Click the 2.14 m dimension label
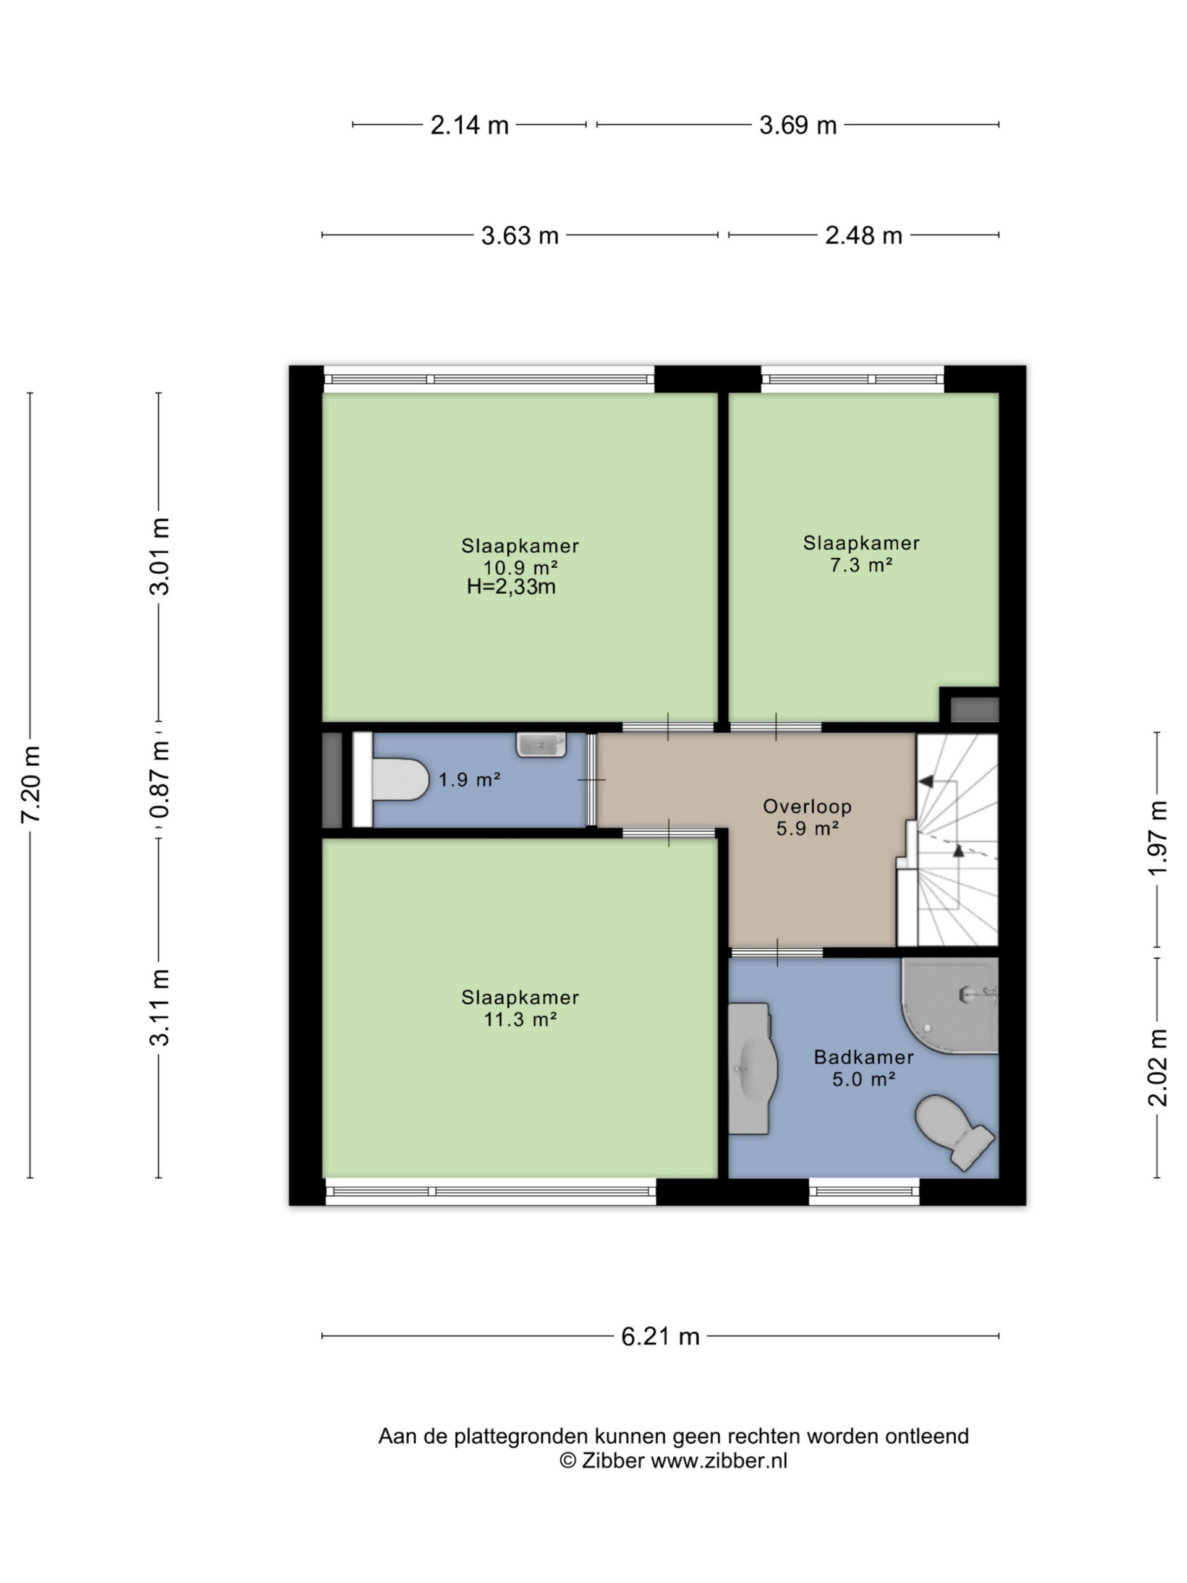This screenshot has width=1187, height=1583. point(469,126)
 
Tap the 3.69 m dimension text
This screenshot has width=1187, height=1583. point(797,126)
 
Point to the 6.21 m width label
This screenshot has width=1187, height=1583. point(660,1336)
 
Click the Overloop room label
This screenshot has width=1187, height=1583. point(807,806)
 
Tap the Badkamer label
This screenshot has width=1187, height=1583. point(864,1057)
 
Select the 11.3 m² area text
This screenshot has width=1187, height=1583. point(520,1018)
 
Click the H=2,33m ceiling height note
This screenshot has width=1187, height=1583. point(511,587)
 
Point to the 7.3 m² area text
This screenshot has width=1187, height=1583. point(861,565)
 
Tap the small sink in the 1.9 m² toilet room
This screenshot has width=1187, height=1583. point(541,745)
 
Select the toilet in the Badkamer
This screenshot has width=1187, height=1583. point(955,1132)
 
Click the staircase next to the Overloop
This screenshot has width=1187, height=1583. point(947,840)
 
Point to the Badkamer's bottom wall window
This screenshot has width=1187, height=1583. point(864,1192)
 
